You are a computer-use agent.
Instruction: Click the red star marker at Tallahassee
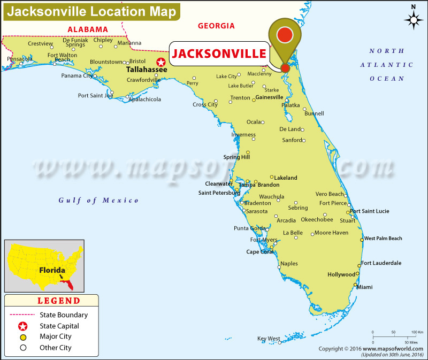click(x=160, y=62)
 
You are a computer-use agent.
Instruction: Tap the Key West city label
click(x=269, y=339)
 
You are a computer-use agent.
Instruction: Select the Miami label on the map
click(x=365, y=287)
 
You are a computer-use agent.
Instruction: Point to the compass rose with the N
click(x=414, y=20)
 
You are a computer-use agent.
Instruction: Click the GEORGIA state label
click(x=216, y=26)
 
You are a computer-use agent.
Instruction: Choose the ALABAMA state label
click(x=87, y=29)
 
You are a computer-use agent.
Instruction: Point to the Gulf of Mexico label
click(x=99, y=201)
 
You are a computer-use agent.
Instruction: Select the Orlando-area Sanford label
click(x=292, y=140)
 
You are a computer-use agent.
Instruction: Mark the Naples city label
click(x=289, y=264)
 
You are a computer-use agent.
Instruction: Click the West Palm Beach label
click(x=383, y=239)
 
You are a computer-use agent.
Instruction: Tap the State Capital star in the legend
click(x=22, y=326)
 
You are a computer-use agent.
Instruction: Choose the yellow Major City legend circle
click(x=22, y=337)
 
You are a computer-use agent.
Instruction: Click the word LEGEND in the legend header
click(x=59, y=301)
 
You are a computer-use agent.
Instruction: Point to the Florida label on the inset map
click(x=52, y=270)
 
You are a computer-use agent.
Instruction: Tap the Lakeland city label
click(x=286, y=178)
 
